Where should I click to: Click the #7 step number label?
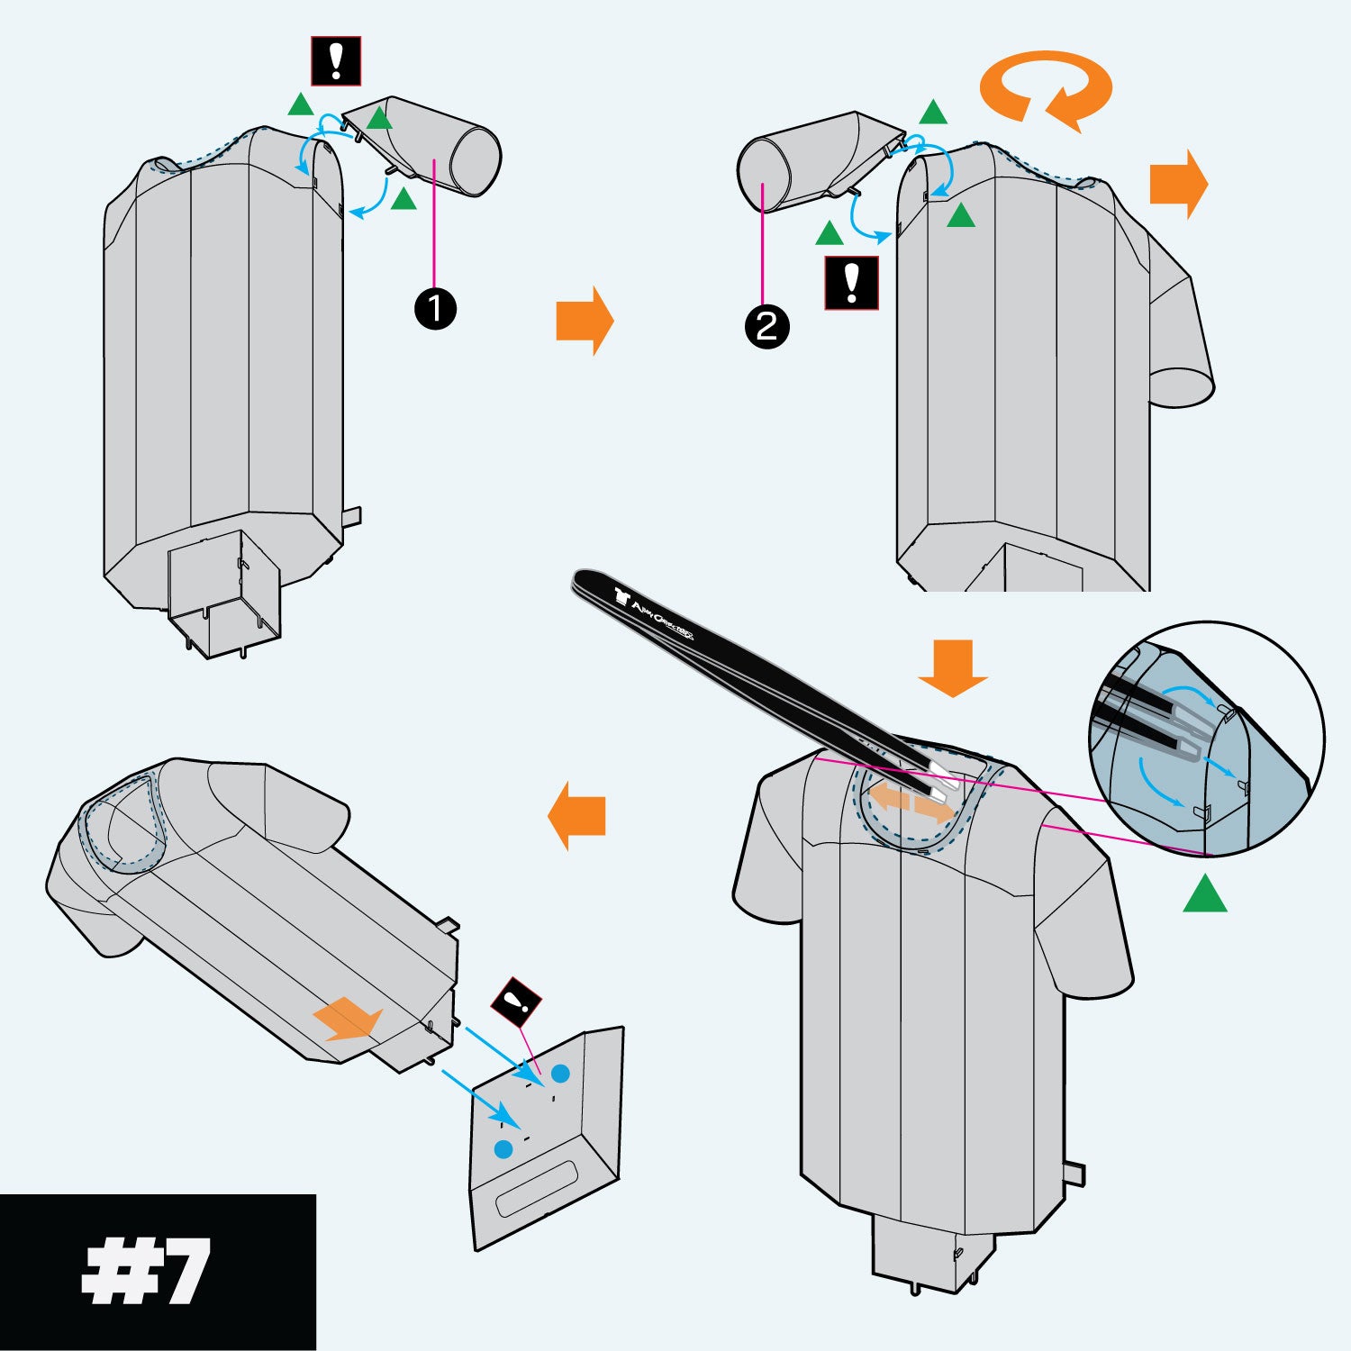point(147,1272)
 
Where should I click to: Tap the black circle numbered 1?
point(435,309)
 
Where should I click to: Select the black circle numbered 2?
point(766,326)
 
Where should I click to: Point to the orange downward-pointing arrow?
point(953,667)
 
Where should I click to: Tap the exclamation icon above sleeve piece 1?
point(336,61)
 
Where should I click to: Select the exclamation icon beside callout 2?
point(851,284)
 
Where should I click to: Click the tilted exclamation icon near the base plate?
point(516,1002)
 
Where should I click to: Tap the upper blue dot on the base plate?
point(560,1074)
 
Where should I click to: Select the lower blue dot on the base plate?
point(503,1149)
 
